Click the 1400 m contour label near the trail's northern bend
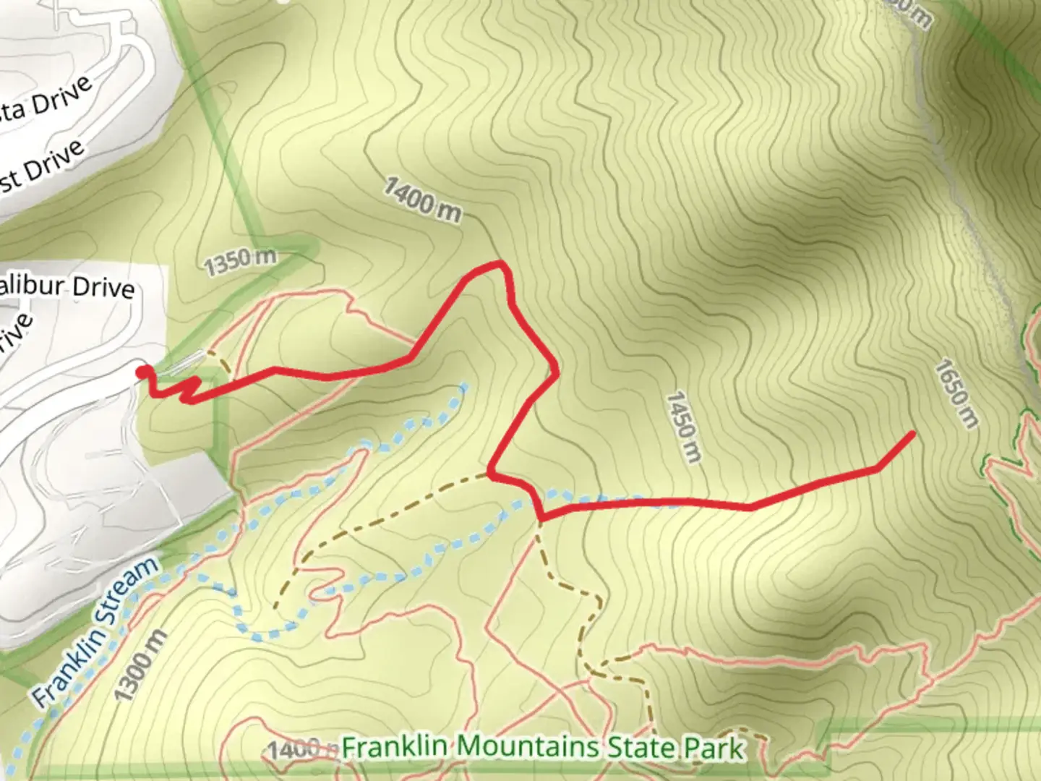422,199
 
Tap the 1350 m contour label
240,262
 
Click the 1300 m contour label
142,665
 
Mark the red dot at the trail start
144,372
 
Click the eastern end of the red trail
912,434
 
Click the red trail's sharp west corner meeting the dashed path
491,474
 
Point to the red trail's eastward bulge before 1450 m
554,369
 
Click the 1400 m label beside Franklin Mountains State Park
294,749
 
